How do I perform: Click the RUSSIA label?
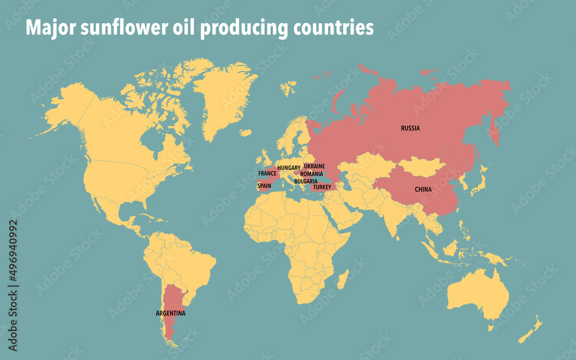click(410, 128)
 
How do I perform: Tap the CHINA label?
click(423, 189)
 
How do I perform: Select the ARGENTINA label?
click(170, 313)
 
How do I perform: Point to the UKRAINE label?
click(314, 166)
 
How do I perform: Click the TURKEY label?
click(322, 187)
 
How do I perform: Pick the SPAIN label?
click(264, 186)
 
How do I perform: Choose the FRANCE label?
click(267, 173)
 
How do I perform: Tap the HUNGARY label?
click(289, 168)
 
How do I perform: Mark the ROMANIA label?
click(312, 173)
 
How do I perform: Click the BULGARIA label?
click(306, 181)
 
